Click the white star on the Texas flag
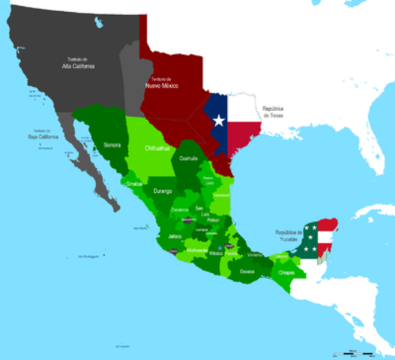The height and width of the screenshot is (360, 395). pos(219,120)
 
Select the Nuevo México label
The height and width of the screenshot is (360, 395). pos(163,84)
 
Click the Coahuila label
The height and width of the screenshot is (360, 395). pos(188,158)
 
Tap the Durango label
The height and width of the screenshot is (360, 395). pos(163,191)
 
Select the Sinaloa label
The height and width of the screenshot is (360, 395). pos(134,182)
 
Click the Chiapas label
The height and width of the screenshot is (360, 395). pos(286,273)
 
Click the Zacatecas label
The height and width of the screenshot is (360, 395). pos(179,209)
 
